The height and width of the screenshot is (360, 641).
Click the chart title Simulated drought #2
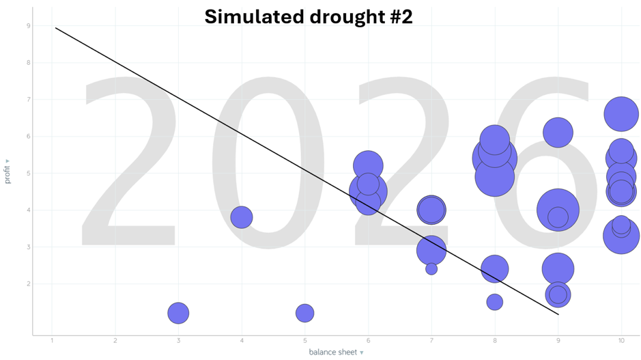pyautogui.click(x=309, y=17)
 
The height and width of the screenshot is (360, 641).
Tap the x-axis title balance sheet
pyautogui.click(x=332, y=352)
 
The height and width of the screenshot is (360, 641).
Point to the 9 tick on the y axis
pyautogui.click(x=28, y=26)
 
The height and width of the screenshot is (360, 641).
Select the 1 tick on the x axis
pyautogui.click(x=52, y=340)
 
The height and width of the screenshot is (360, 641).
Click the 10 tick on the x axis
pyautogui.click(x=621, y=340)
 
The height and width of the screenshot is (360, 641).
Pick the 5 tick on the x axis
pyautogui.click(x=304, y=340)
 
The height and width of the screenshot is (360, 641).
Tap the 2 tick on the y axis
pyautogui.click(x=28, y=283)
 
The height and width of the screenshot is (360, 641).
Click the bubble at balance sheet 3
pyautogui.click(x=178, y=313)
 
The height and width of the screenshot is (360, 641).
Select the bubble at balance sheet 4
pyautogui.click(x=242, y=217)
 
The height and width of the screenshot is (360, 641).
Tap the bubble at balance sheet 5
pyautogui.click(x=304, y=313)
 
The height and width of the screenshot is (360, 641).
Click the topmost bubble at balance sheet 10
pyautogui.click(x=621, y=114)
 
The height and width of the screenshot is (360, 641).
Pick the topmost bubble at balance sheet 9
pyautogui.click(x=558, y=133)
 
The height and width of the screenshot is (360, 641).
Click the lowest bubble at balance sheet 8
pyautogui.click(x=494, y=302)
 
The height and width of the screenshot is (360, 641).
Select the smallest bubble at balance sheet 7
pyautogui.click(x=431, y=269)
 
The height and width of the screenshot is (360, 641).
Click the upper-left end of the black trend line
pyautogui.click(x=55, y=28)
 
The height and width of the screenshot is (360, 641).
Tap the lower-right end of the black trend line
pyautogui.click(x=558, y=314)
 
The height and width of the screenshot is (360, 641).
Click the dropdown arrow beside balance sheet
pyautogui.click(x=362, y=353)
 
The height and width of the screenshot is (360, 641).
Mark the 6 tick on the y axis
pyautogui.click(x=28, y=137)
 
